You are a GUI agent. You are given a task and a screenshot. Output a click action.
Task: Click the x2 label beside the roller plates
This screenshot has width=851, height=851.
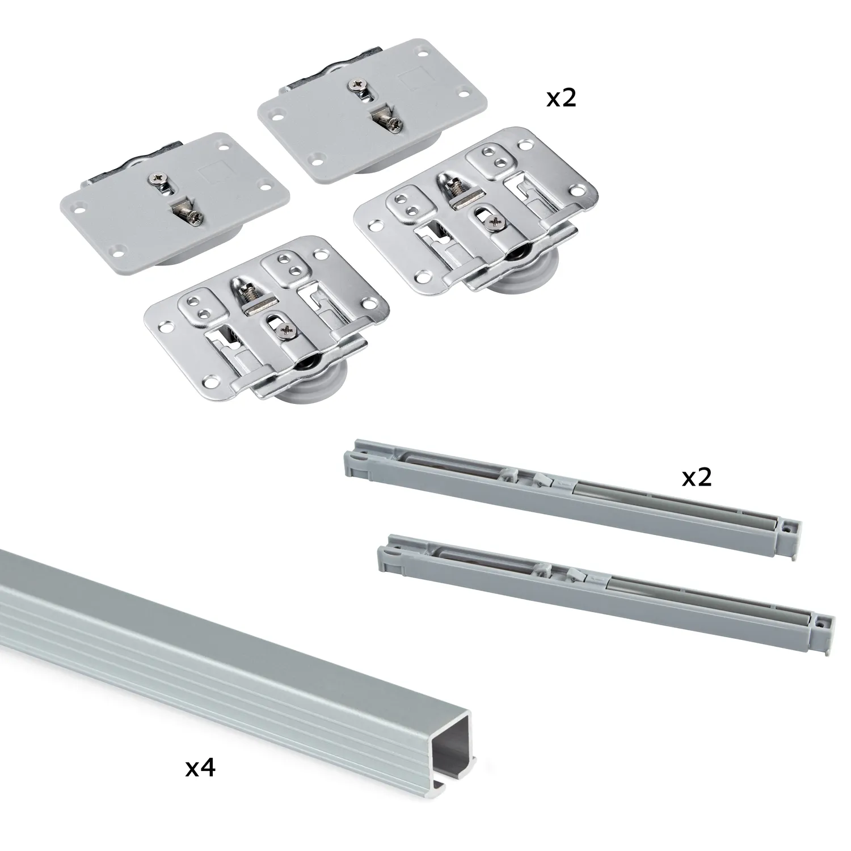[561, 99]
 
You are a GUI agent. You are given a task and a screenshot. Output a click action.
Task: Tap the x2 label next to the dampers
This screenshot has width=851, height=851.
[696, 478]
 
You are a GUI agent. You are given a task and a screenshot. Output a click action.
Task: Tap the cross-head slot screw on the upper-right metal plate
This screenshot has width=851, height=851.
[492, 222]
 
